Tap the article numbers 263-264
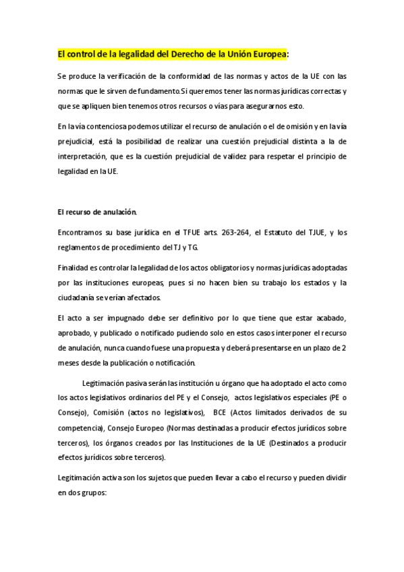point(232,233)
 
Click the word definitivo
point(173,318)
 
